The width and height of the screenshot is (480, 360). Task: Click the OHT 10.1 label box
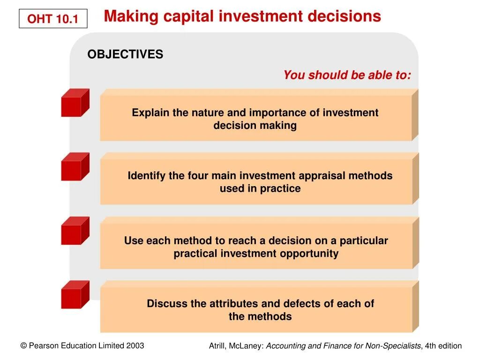tap(52, 19)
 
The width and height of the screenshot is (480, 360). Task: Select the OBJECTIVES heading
tap(125, 54)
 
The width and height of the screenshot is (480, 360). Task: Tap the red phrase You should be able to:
tap(347, 75)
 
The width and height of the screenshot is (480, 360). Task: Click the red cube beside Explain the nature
tap(75, 103)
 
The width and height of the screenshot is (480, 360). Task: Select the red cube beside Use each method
tap(75, 231)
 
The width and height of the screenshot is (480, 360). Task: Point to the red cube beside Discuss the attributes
tap(75, 295)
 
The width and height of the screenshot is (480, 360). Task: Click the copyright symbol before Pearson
tap(23, 346)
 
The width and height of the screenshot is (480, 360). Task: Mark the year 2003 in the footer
tap(135, 346)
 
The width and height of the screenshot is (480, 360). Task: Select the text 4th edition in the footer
tap(443, 346)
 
